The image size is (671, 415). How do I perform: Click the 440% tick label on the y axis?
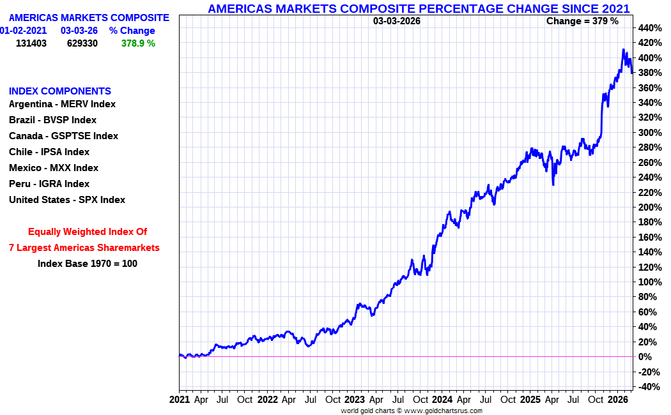[649, 28]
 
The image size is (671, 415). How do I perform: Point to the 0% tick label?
[645, 357]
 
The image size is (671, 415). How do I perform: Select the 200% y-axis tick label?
[649, 207]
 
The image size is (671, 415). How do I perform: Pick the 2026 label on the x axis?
[617, 400]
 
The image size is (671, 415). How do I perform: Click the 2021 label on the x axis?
[180, 400]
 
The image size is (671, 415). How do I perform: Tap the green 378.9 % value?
[138, 43]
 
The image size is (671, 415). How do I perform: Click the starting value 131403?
[31, 43]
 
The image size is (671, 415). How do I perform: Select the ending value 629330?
[82, 43]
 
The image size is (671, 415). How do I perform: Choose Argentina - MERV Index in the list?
[62, 104]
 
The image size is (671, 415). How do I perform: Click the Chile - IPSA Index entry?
[49, 152]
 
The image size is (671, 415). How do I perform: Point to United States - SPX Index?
[67, 200]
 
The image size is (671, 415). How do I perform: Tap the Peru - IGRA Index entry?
[49, 184]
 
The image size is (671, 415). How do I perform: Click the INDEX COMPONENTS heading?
[60, 91]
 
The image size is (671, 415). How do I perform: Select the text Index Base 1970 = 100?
[88, 263]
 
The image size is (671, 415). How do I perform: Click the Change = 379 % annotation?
[582, 21]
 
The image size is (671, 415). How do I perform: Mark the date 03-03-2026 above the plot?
[397, 21]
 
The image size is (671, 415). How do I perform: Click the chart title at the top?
[419, 8]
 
